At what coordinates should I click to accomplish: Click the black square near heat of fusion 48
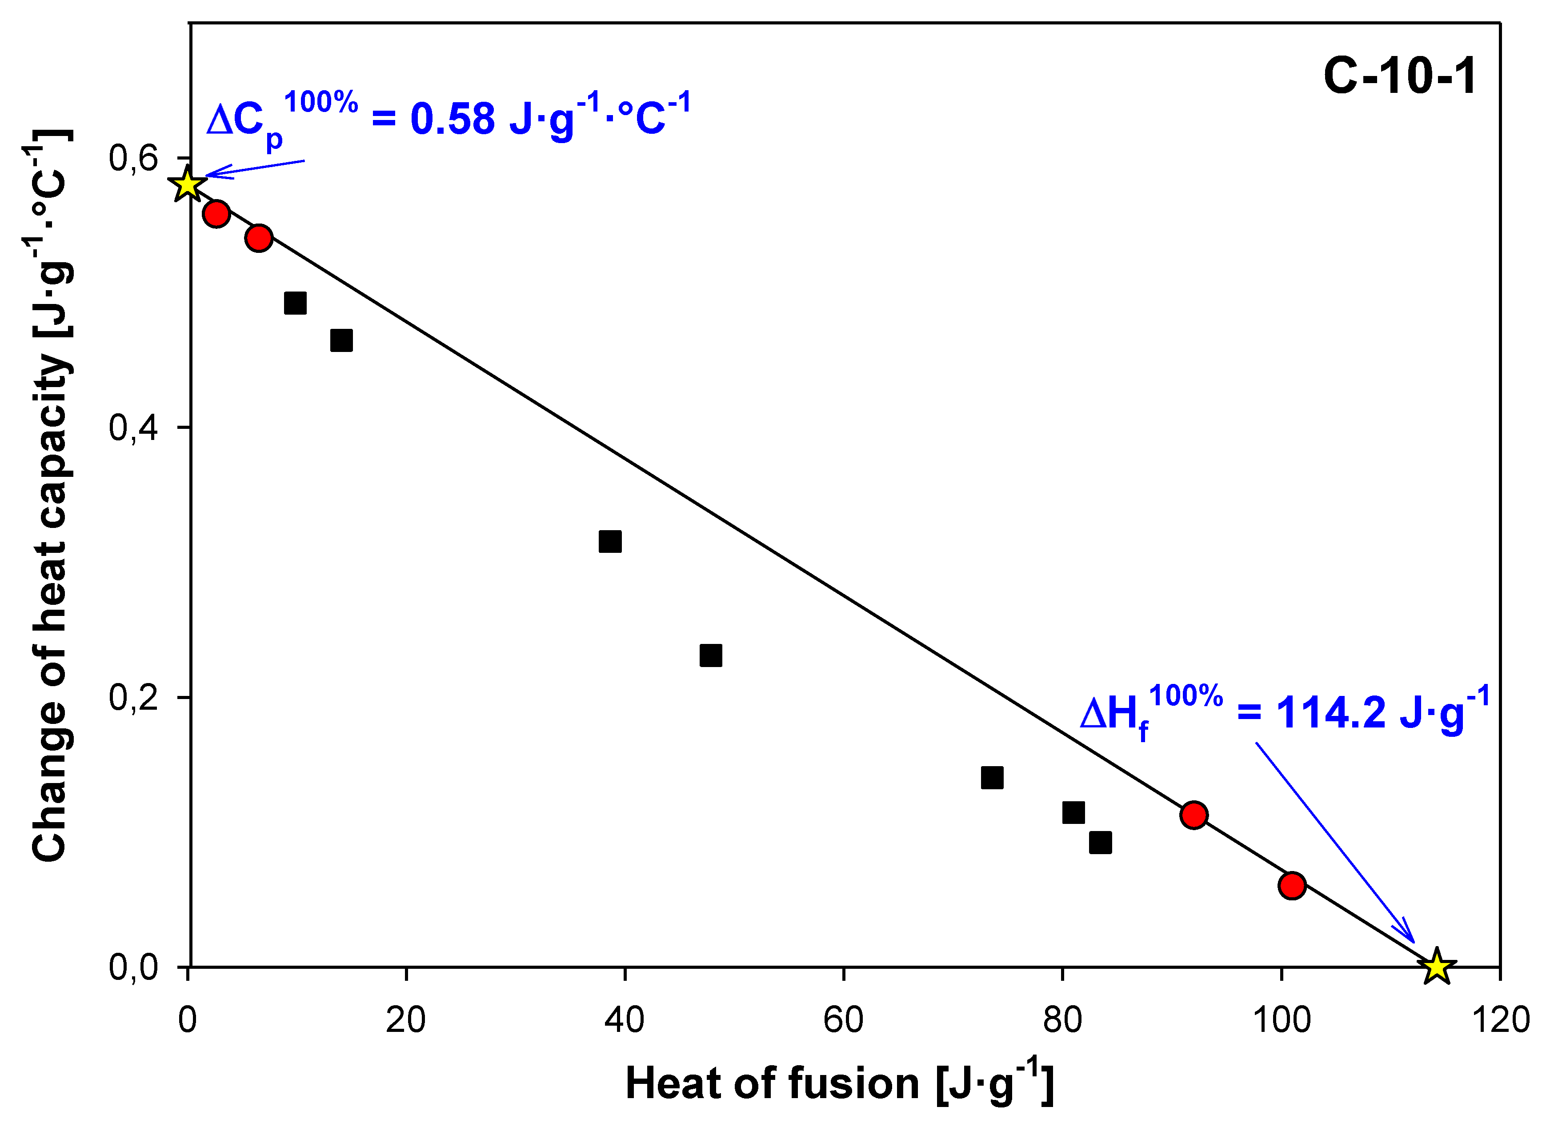pyautogui.click(x=711, y=655)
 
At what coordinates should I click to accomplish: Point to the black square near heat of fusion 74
pyautogui.click(x=992, y=777)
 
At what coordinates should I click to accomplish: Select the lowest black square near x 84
pyautogui.click(x=1100, y=843)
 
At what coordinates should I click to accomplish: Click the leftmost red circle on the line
pyautogui.click(x=216, y=214)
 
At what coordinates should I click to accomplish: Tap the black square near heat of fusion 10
pyautogui.click(x=295, y=303)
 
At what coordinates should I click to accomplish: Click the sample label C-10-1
pyautogui.click(x=1400, y=76)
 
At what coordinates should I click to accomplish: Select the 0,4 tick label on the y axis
pyautogui.click(x=133, y=428)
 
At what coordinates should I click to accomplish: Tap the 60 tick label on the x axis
pyautogui.click(x=843, y=1020)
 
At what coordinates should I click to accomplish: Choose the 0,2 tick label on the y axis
pyautogui.click(x=133, y=698)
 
